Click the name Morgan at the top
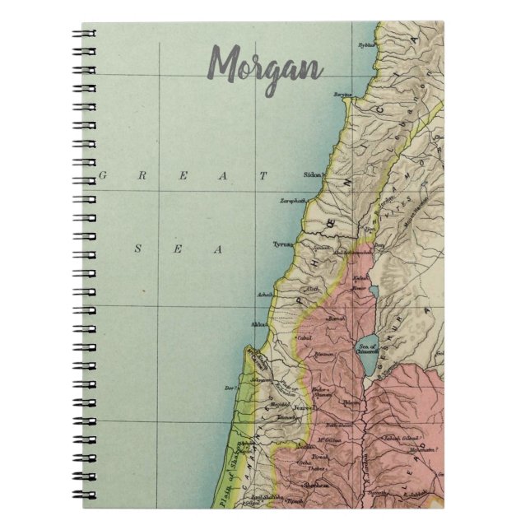264,62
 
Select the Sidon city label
290,174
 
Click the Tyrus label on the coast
283,244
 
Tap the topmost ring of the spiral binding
86,34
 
